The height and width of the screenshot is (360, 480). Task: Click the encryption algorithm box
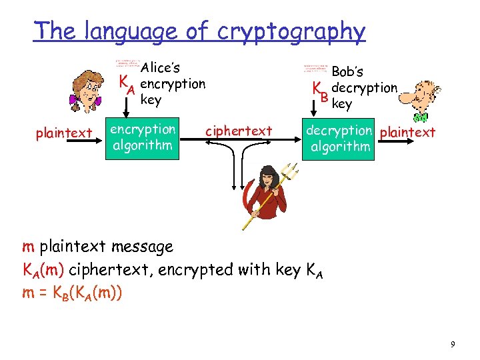(143, 137)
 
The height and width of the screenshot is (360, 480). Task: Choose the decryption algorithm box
(340, 138)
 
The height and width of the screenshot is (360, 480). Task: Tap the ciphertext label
(239, 131)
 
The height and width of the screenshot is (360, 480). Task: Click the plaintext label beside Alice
(64, 133)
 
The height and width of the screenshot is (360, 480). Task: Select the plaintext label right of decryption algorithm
(407, 132)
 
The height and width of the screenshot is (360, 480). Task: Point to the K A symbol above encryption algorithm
(127, 85)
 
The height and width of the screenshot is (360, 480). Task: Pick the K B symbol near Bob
(322, 92)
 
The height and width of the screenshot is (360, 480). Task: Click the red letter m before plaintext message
(28, 247)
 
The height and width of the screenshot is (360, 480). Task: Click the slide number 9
(453, 344)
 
